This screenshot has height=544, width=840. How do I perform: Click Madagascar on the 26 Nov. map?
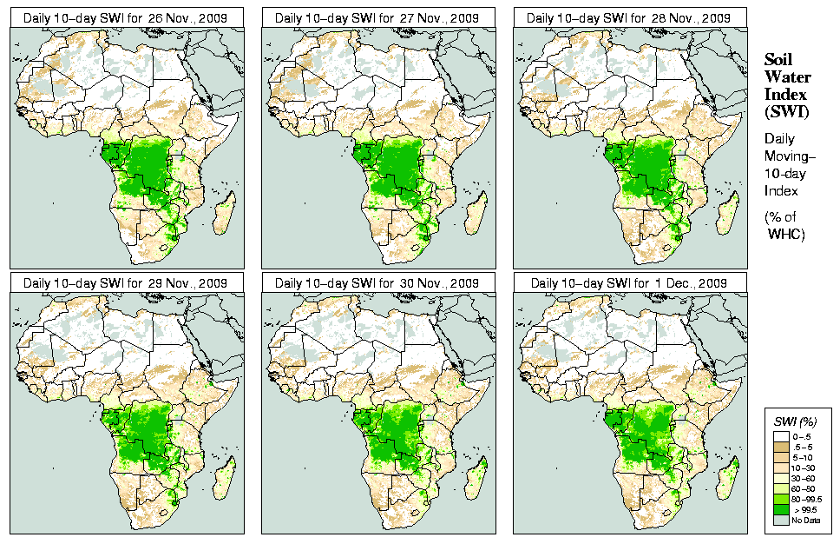coord(225,213)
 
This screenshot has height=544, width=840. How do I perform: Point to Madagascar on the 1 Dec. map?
coord(728,479)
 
